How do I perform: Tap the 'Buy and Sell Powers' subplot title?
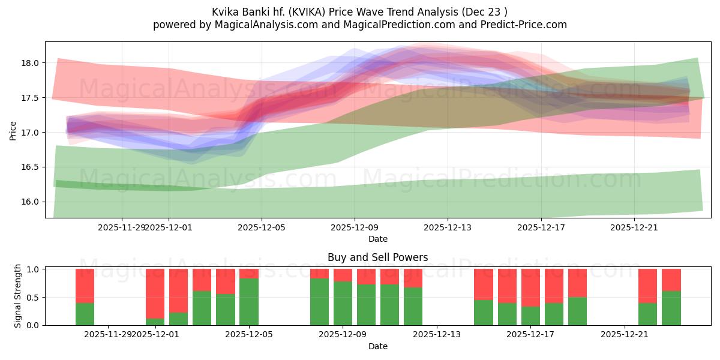(x=377, y=257)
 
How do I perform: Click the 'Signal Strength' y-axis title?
(x=18, y=296)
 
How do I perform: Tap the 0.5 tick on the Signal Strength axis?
(x=33, y=297)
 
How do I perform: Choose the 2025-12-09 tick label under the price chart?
(x=355, y=227)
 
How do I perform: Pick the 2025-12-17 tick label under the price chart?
(x=541, y=227)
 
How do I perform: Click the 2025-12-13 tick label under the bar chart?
(x=437, y=335)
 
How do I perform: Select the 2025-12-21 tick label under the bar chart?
(x=625, y=335)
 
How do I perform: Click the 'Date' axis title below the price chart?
(x=377, y=239)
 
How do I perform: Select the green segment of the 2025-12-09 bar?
(x=343, y=303)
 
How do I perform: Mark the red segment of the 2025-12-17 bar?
(x=531, y=287)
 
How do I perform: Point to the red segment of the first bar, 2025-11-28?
(x=85, y=286)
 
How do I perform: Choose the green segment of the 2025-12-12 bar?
(x=413, y=306)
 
